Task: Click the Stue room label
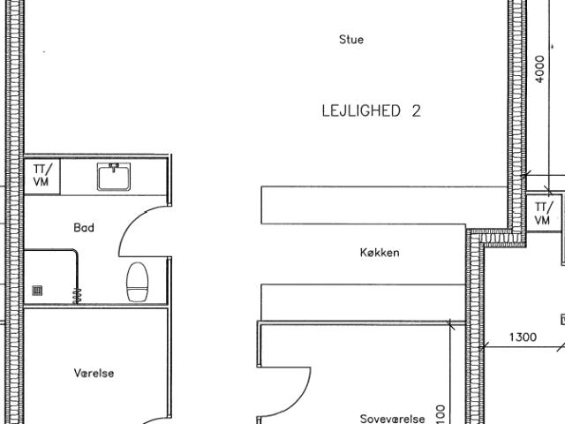(x=351, y=39)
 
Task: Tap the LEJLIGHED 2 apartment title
(x=371, y=110)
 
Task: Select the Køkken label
(x=380, y=253)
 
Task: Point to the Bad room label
(x=84, y=228)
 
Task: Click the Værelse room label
(x=94, y=373)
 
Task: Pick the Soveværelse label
(x=392, y=419)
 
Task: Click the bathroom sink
(x=114, y=177)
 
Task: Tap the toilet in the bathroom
(x=138, y=282)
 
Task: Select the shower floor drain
(x=37, y=291)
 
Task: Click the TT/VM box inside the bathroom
(x=42, y=176)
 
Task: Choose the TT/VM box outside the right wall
(x=544, y=213)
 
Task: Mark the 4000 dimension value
(x=539, y=69)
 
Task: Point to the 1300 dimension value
(x=523, y=337)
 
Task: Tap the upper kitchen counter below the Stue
(x=384, y=205)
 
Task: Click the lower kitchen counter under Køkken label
(x=363, y=302)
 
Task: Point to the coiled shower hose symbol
(x=77, y=296)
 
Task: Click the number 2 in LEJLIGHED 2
(x=416, y=110)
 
